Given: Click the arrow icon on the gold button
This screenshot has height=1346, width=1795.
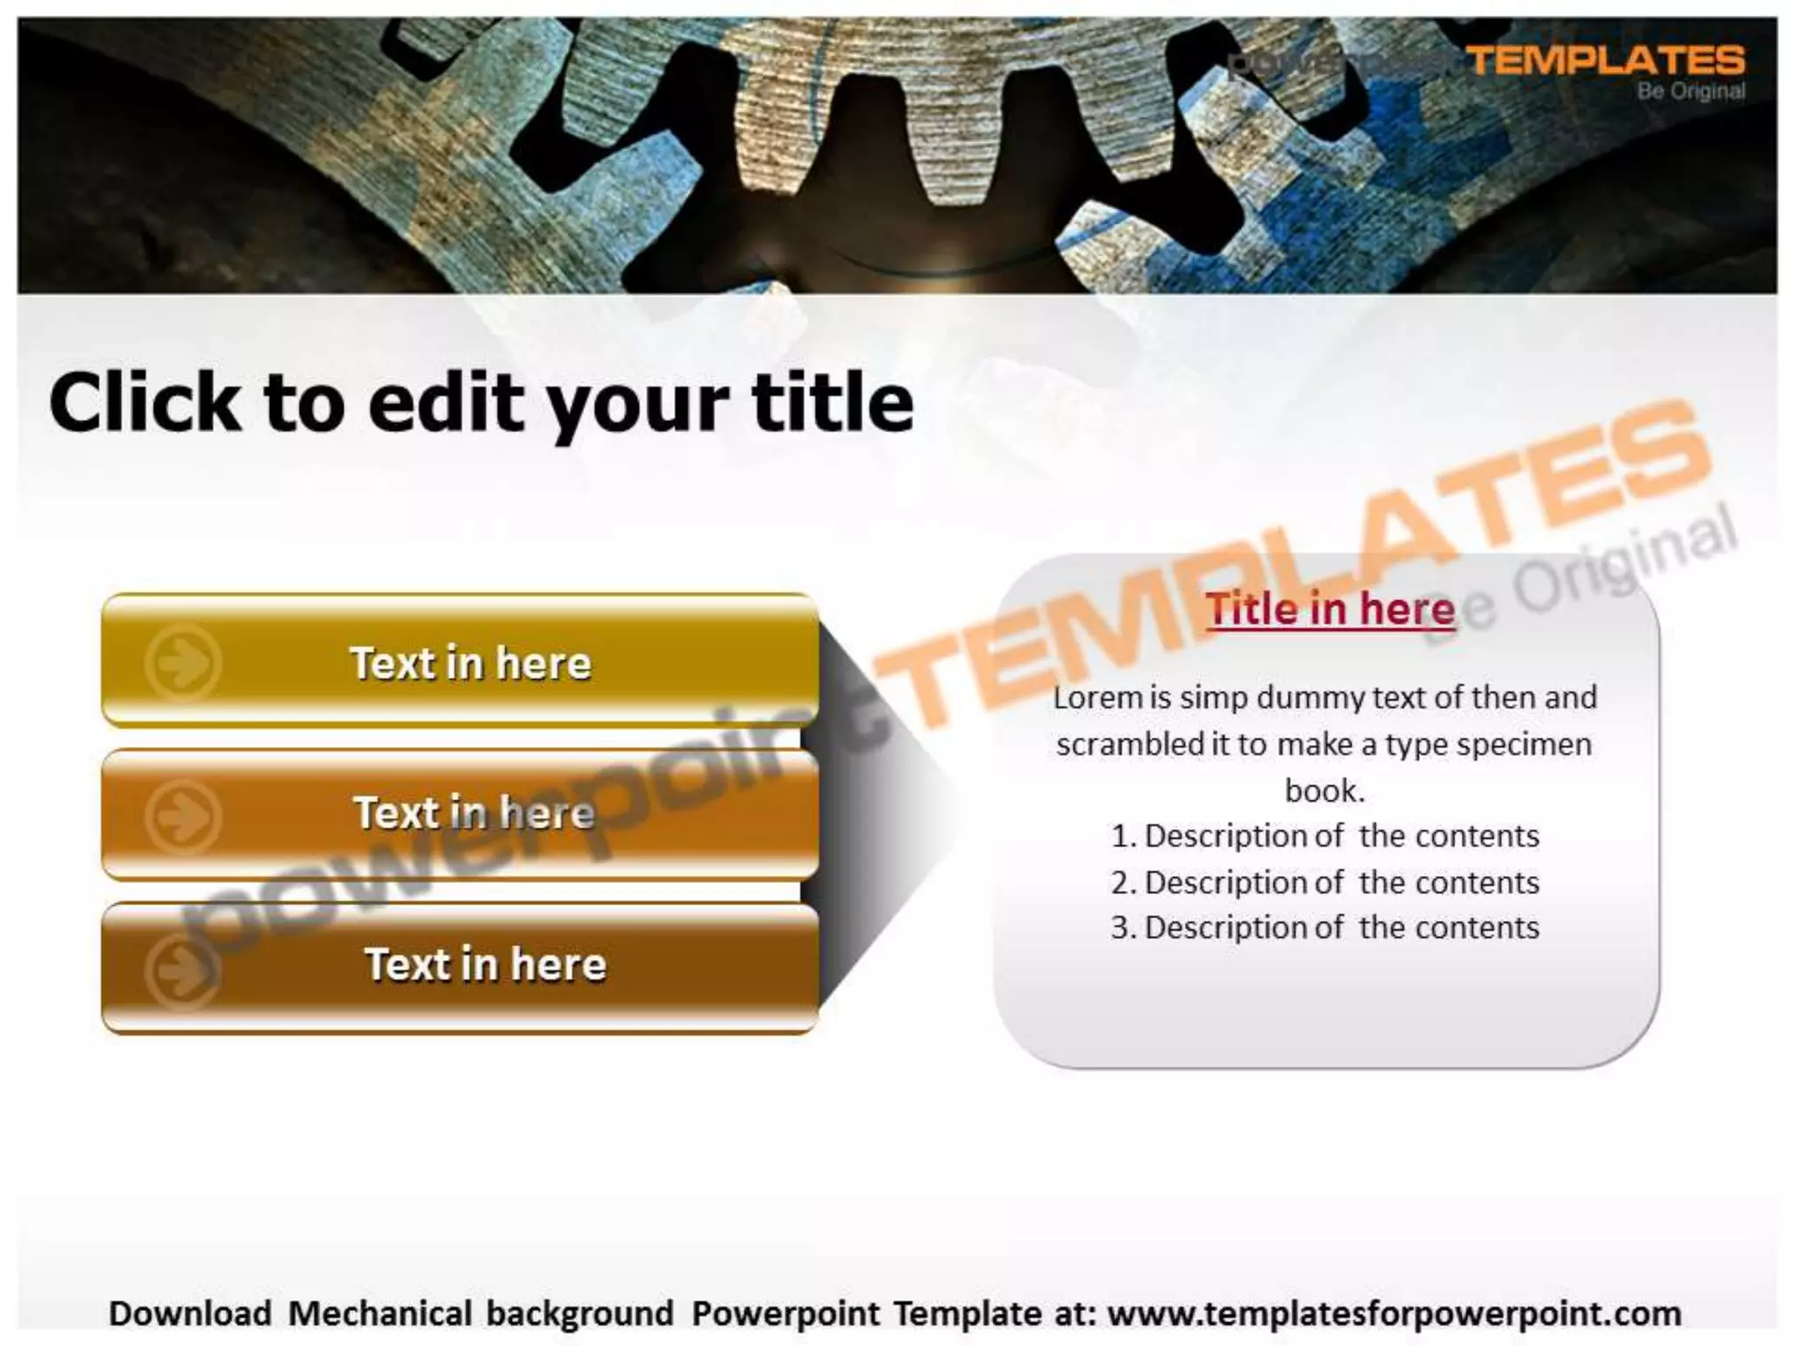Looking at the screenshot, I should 182,663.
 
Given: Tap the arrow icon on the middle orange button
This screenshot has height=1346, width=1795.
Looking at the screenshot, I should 182,817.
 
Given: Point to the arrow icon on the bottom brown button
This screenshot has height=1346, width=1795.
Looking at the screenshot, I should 182,971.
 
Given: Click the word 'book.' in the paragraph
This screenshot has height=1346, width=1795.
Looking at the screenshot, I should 1324,790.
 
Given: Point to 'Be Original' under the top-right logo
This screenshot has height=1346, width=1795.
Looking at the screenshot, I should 1691,91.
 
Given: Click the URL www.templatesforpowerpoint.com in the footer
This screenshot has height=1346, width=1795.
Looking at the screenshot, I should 1394,1314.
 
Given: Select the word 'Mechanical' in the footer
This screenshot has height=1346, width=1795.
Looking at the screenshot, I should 380,1314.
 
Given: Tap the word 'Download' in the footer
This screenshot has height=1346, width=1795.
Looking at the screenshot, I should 190,1314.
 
